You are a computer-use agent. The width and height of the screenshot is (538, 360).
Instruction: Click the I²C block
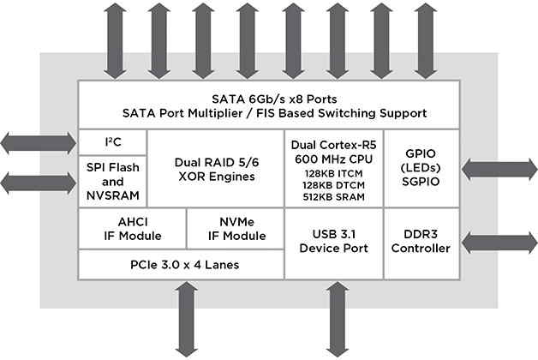click(112, 141)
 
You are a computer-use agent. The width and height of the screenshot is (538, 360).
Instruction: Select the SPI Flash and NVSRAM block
click(112, 181)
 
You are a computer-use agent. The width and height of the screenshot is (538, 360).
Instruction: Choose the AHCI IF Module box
click(131, 229)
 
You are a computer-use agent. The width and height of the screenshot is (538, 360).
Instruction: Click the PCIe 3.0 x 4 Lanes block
click(180, 265)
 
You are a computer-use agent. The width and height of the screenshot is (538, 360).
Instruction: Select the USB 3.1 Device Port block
click(333, 242)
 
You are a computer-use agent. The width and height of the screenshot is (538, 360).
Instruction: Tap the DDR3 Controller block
click(427, 242)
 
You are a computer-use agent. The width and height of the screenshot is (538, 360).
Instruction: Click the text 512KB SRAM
click(333, 197)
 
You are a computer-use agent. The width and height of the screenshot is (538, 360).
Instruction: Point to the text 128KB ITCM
click(333, 171)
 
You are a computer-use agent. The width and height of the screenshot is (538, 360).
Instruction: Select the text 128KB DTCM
click(333, 184)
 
